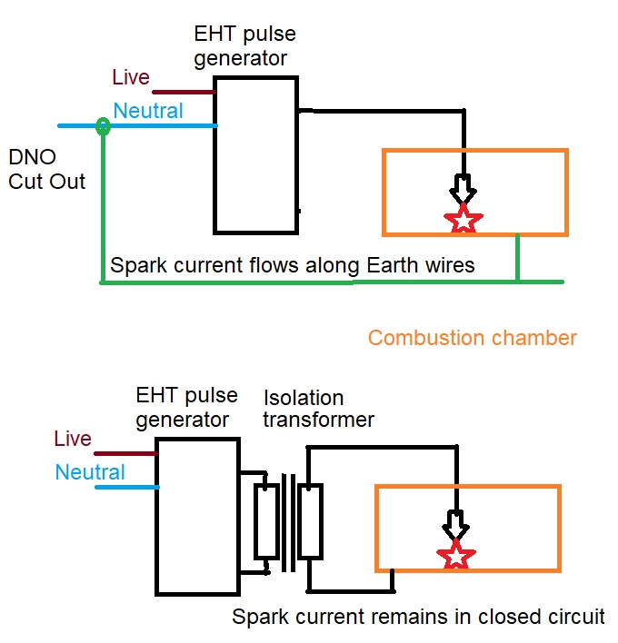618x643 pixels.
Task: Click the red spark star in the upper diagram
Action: coord(463,219)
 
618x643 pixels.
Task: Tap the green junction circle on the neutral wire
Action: coord(104,127)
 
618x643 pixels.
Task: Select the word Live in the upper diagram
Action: coord(130,77)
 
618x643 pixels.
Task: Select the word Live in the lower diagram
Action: coord(73,439)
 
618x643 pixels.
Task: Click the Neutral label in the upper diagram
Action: coord(148,111)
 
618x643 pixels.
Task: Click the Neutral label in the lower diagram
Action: coord(90,472)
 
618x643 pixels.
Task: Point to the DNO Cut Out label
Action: coord(46,168)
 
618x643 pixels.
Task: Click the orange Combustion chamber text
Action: coord(473,338)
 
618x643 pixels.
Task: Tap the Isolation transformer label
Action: coord(319,409)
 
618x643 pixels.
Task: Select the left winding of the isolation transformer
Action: coord(265,520)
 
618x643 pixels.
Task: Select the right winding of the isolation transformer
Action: coord(311,520)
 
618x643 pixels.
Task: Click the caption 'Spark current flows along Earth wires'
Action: coord(292,266)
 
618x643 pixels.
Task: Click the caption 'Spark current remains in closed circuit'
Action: coord(418,617)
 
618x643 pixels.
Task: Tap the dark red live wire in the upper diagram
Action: coord(183,92)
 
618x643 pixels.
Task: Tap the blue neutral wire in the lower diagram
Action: coord(127,488)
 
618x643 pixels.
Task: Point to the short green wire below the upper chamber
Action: coord(518,258)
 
